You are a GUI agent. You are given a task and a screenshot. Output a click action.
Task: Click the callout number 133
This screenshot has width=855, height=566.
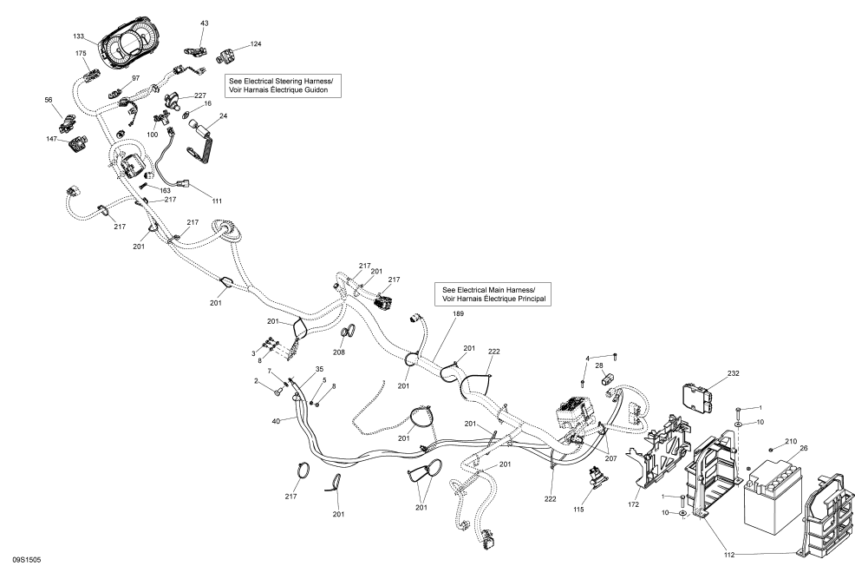point(79,36)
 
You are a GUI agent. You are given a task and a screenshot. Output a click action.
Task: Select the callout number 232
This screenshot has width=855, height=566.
point(734,373)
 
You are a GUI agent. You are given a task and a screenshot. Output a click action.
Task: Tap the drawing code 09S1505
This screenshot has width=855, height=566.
point(25,560)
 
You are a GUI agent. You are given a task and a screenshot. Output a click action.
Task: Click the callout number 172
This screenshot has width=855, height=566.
point(634,503)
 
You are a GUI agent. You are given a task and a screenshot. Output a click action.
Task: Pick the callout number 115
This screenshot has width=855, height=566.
point(578,509)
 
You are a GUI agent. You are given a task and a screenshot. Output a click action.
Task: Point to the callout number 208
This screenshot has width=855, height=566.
point(339,352)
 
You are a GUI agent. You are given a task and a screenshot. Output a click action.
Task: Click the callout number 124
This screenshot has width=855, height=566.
point(255,43)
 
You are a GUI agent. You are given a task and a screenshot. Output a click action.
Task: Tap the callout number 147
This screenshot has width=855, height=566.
point(51,139)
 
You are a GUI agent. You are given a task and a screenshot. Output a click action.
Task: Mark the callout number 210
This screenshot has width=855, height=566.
point(790,441)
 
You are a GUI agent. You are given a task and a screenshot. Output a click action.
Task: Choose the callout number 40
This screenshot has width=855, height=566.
point(276,421)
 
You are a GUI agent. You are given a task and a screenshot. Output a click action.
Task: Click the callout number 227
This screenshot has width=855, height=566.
point(199,95)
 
